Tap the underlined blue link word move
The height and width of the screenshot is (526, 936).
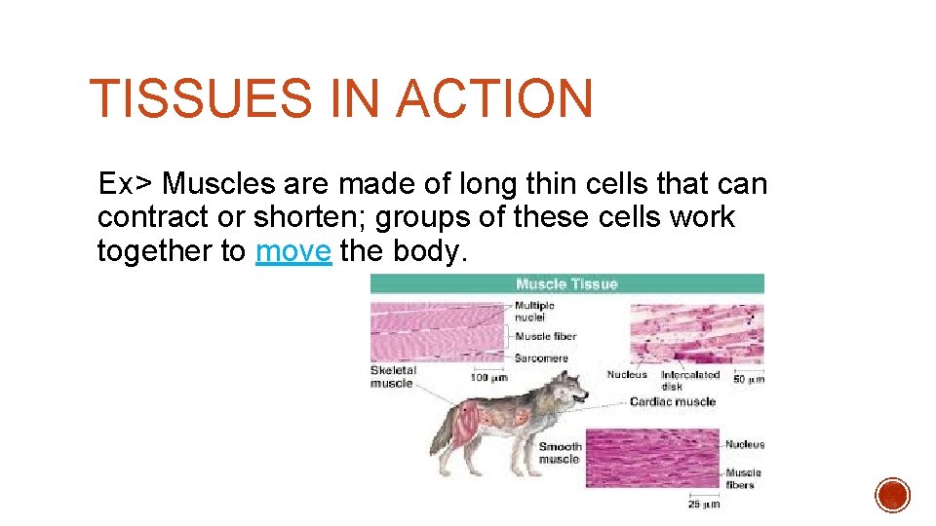[x=292, y=251]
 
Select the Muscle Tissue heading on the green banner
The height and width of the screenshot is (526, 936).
[x=566, y=284]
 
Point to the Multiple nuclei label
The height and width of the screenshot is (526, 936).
[x=534, y=311]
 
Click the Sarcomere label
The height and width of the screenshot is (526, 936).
[x=541, y=358]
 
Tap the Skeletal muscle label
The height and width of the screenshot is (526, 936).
[x=393, y=377]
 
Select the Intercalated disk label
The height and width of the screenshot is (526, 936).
[x=689, y=379]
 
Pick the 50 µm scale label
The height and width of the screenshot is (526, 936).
[x=747, y=378]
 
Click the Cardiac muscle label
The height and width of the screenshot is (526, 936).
[x=672, y=401]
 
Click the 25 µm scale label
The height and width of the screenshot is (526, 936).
[x=704, y=504]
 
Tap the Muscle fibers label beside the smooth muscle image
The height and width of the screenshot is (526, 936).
[x=744, y=478]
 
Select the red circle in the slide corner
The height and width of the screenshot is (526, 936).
[x=892, y=495]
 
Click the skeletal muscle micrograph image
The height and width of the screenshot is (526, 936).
[x=437, y=331]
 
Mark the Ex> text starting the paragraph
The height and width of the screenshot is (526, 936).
[x=126, y=184]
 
